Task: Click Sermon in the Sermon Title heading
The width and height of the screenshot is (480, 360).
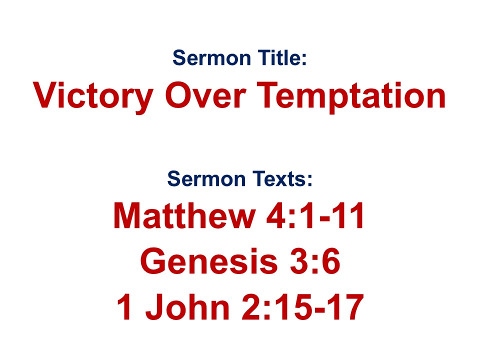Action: pyautogui.click(x=211, y=58)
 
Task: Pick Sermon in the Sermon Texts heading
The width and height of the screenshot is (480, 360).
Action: pyautogui.click(x=206, y=179)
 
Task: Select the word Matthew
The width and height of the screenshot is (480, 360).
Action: pyautogui.click(x=184, y=215)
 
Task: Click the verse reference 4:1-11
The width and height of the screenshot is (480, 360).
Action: pyautogui.click(x=315, y=215)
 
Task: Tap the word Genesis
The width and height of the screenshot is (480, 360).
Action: pyautogui.click(x=209, y=261)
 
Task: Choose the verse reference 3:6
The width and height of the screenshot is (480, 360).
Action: pyautogui.click(x=315, y=261)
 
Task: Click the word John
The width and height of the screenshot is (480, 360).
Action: pyautogui.click(x=187, y=306)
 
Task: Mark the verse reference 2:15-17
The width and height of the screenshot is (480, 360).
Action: pyautogui.click(x=303, y=306)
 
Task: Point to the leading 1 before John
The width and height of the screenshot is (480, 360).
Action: pyautogui.click(x=125, y=306)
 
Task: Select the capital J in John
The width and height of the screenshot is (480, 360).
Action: pyautogui.click(x=156, y=307)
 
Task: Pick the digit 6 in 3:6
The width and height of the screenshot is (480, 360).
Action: pyautogui.click(x=331, y=261)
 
